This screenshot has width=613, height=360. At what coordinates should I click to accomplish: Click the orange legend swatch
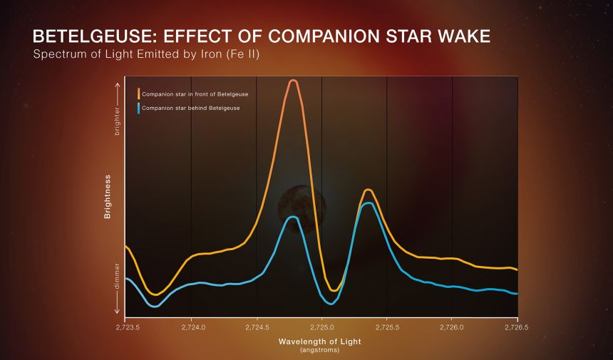[x=138, y=94]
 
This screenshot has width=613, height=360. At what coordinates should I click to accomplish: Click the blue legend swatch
[x=138, y=108]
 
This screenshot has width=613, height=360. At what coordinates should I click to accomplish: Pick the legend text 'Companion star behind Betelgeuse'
[x=190, y=108]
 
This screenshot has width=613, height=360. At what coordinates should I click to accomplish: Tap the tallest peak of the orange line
[x=292, y=81]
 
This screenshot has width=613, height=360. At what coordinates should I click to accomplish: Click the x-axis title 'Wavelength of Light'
[x=320, y=341]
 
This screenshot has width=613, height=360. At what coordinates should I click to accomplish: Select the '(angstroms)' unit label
[x=320, y=350]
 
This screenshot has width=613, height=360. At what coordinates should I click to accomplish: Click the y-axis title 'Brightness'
[x=108, y=196]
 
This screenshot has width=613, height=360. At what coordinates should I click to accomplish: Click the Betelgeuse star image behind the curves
[x=302, y=207]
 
